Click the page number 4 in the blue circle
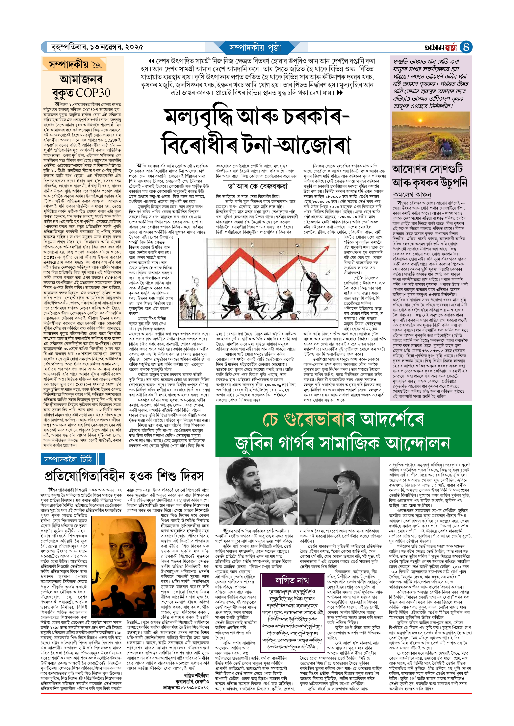tap(466, 47)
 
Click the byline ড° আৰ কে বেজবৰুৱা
tap(257, 186)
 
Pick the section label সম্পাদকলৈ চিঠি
tap(68, 459)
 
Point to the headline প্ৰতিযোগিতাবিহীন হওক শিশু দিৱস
tap(124, 476)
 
